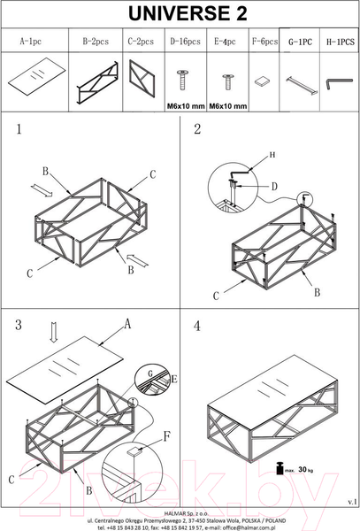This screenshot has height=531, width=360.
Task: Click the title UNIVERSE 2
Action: pyautogui.click(x=188, y=14)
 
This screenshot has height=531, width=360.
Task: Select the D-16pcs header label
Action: pyautogui.click(x=185, y=42)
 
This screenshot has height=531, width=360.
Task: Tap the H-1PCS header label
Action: pyautogui.click(x=340, y=42)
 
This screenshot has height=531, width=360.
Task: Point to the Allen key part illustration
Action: pyautogui.click(x=339, y=83)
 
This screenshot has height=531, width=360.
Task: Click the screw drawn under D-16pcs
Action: pyautogui.click(x=183, y=80)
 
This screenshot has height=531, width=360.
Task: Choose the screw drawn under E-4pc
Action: pyautogui.click(x=227, y=81)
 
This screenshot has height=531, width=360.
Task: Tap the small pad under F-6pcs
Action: pyautogui.click(x=262, y=81)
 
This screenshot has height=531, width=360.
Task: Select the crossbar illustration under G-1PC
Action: pyautogui.click(x=301, y=86)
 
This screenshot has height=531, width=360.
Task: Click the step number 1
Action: pyautogui.click(x=19, y=129)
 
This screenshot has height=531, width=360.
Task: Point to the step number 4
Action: pyautogui.click(x=197, y=326)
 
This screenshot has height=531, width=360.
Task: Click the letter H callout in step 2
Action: pyautogui.click(x=272, y=155)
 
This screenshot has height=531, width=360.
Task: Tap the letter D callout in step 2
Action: pyautogui.click(x=274, y=186)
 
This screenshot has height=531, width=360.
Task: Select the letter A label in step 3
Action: pyautogui.click(x=126, y=324)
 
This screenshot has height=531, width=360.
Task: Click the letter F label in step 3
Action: pyautogui.click(x=167, y=436)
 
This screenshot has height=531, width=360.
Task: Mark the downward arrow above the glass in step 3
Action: pyautogui.click(x=53, y=332)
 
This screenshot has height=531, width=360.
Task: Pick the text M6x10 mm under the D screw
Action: pyautogui.click(x=186, y=106)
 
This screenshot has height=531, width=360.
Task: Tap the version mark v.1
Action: pyautogui.click(x=352, y=502)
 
